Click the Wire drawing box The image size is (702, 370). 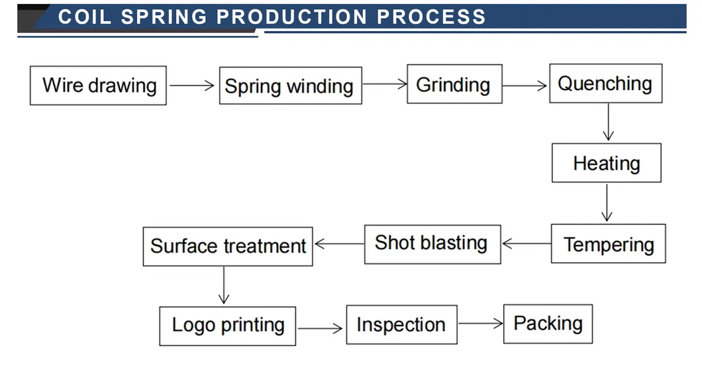tap(98, 85)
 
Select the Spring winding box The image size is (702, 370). tap(290, 86)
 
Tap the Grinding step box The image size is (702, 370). tap(454, 85)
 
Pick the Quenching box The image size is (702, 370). tap(605, 83)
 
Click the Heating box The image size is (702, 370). tap(606, 163)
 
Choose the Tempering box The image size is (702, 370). tap(608, 244)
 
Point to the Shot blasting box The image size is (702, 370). tap(432, 244)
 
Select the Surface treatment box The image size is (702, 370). tap(228, 246)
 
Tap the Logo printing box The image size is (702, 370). tap(228, 325)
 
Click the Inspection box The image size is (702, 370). tap(401, 325)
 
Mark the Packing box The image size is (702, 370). tap(548, 324)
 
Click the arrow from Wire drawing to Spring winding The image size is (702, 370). tap(192, 85)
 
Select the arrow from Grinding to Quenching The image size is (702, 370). tap(525, 85)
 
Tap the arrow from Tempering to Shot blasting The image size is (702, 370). tap(526, 244)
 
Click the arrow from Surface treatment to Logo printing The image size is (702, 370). tap(225, 285)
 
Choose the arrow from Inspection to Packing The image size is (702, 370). tap(480, 323)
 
